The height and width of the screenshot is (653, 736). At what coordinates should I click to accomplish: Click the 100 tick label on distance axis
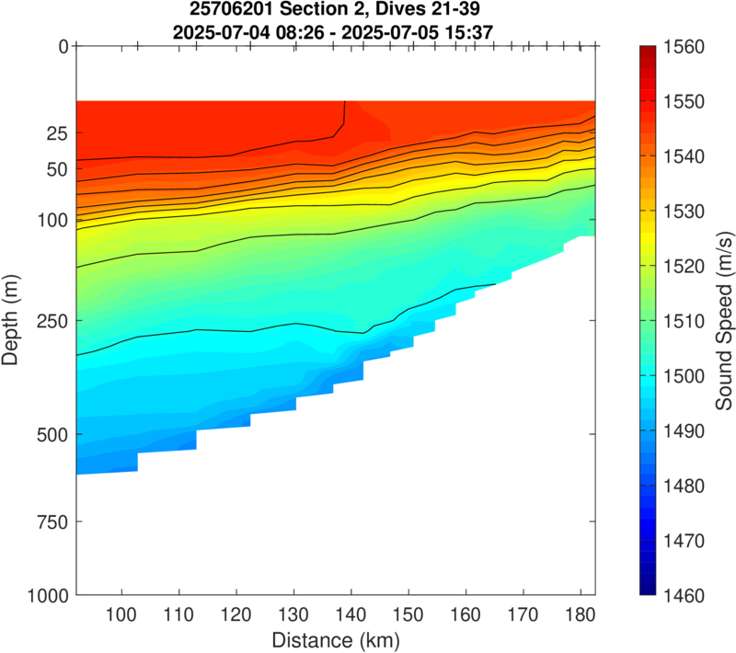[121, 614]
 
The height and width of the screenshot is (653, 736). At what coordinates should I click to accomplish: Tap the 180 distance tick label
[580, 614]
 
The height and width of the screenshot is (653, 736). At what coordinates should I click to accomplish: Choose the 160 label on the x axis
[466, 614]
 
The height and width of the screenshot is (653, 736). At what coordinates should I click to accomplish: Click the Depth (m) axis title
[11, 321]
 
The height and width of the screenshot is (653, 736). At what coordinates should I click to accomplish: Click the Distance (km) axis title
[335, 637]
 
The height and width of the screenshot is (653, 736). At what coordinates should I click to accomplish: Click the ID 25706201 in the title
[239, 11]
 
